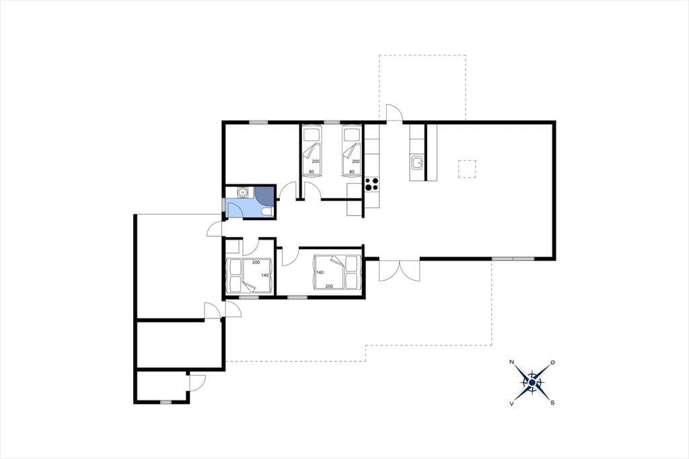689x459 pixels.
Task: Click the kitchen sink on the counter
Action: (417, 163)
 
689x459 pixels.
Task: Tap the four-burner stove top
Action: (371, 184)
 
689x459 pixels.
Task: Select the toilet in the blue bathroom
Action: (266, 212)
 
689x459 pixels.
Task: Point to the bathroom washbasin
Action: (242, 192)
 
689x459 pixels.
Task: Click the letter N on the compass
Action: (512, 362)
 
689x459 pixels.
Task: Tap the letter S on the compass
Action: (552, 402)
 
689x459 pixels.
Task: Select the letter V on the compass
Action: (511, 402)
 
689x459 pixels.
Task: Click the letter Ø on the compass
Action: (552, 362)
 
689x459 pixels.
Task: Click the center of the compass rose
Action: (532, 383)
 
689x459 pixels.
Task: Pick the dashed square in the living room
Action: (467, 169)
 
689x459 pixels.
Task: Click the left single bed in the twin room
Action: (312, 151)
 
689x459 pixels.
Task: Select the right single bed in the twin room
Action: (351, 151)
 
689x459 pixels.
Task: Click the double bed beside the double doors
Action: (336, 272)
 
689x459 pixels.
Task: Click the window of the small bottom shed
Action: (166, 402)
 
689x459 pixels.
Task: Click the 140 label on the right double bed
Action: (320, 273)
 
